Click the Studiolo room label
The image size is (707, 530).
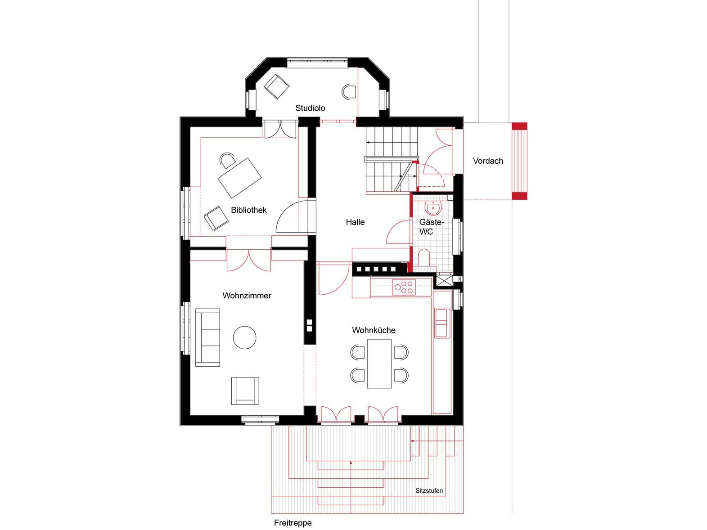click(x=310, y=108)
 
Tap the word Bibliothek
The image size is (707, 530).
click(x=249, y=210)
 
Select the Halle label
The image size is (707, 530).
click(x=355, y=222)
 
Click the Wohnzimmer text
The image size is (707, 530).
click(x=247, y=296)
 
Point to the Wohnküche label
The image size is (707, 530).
click(x=374, y=330)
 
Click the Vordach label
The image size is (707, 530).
click(x=488, y=161)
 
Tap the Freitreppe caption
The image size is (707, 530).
click(x=293, y=523)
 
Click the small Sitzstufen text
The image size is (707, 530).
click(x=429, y=491)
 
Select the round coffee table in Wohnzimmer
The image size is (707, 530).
click(x=245, y=337)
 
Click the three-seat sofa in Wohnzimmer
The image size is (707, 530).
click(x=208, y=337)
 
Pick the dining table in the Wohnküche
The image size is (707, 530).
click(x=379, y=364)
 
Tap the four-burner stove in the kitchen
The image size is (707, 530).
click(x=404, y=287)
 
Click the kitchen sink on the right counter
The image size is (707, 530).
click(x=441, y=323)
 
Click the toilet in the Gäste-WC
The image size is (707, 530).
click(x=424, y=258)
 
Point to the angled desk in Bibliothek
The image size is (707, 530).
click(x=239, y=178)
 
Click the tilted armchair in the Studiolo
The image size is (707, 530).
click(x=276, y=86)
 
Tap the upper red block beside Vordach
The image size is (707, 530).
click(x=520, y=126)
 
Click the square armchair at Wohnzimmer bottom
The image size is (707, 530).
click(x=245, y=391)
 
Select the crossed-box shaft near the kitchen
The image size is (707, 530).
click(x=443, y=282)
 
